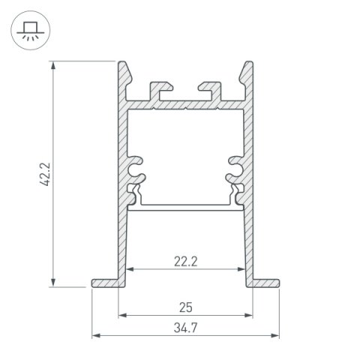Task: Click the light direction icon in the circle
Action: click(29, 29)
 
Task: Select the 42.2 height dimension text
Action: click(44, 172)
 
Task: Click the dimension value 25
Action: click(184, 307)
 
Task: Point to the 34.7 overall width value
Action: click(184, 328)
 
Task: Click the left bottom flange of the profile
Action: click(105, 282)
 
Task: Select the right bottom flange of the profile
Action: click(265, 282)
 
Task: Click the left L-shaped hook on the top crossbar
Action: click(159, 89)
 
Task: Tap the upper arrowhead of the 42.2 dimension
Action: click(54, 66)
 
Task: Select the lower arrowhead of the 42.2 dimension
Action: click(54, 281)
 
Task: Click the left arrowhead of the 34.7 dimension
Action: click(95, 334)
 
